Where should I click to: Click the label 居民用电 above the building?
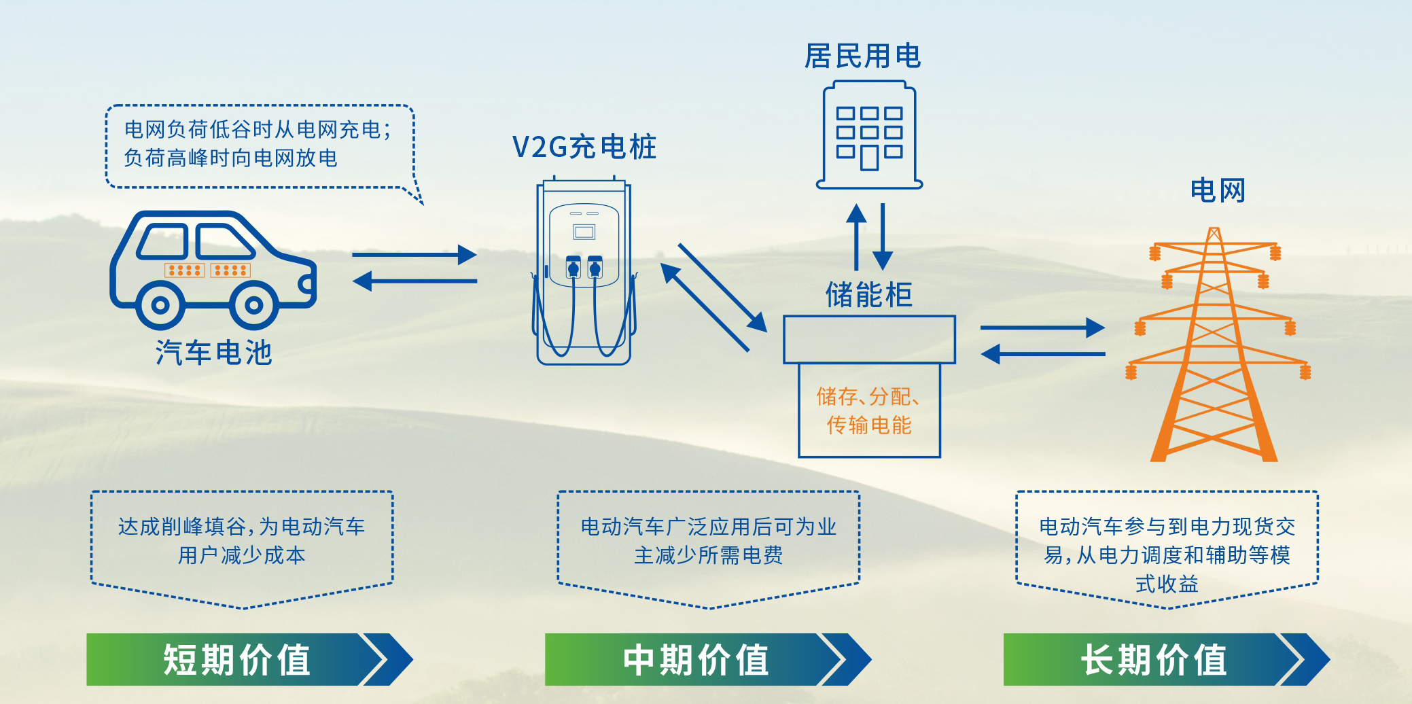click(x=862, y=56)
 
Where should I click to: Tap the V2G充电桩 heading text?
click(x=584, y=147)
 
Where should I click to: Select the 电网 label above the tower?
click(x=1218, y=190)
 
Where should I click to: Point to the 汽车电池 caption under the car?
click(x=214, y=353)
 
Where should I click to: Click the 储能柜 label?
click(x=868, y=295)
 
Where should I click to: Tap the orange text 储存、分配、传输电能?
click(x=868, y=410)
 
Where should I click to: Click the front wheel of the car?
click(x=253, y=305)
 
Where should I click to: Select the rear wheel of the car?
click(x=160, y=305)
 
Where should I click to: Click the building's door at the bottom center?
click(x=869, y=158)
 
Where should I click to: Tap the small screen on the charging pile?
click(x=584, y=232)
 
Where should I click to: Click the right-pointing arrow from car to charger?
click(x=414, y=255)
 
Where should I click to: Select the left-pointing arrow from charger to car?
click(x=414, y=281)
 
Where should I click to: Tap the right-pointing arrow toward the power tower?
click(x=1042, y=328)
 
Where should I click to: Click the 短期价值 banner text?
click(x=236, y=660)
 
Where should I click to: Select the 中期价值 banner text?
click(x=695, y=660)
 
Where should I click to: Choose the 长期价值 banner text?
click(x=1154, y=660)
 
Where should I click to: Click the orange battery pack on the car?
click(x=207, y=270)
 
